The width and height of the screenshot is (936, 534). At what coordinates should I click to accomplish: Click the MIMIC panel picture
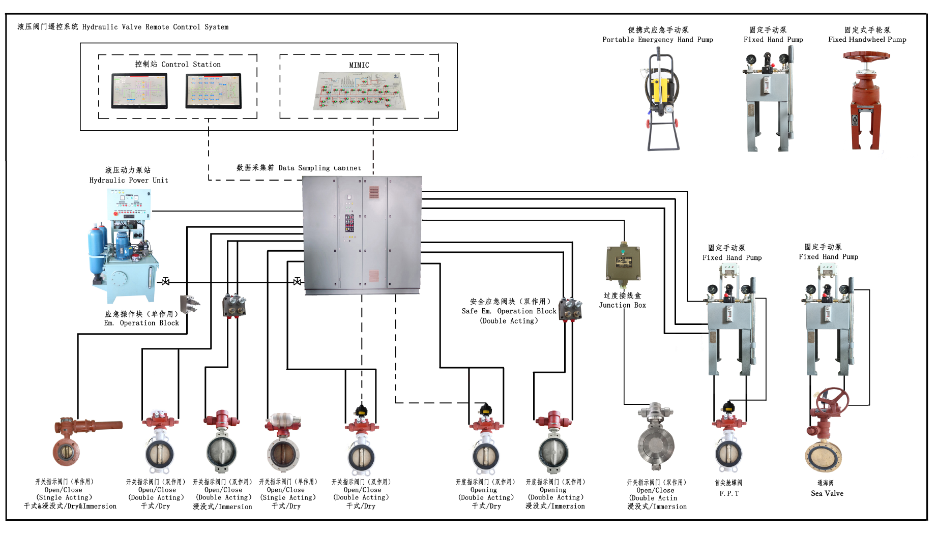point(359,91)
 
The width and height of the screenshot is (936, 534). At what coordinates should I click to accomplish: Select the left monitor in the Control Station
point(139,91)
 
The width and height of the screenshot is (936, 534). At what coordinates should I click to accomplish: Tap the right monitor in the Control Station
point(213,91)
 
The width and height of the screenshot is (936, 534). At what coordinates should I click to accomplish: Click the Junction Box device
point(623,263)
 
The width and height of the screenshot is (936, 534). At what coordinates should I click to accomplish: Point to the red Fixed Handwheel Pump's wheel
point(866,56)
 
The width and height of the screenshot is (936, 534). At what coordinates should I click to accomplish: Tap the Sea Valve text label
point(827,493)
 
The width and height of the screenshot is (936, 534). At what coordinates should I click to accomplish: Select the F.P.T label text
point(729,493)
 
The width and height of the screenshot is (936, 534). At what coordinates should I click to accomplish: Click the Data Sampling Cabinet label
point(299,168)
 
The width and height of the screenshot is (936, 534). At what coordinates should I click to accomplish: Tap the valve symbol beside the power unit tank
point(165,281)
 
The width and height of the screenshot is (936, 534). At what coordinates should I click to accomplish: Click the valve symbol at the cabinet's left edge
point(298,281)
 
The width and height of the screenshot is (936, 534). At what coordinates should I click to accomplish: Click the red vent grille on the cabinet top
point(374,192)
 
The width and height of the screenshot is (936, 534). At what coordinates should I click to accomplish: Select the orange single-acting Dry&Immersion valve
point(76,440)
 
